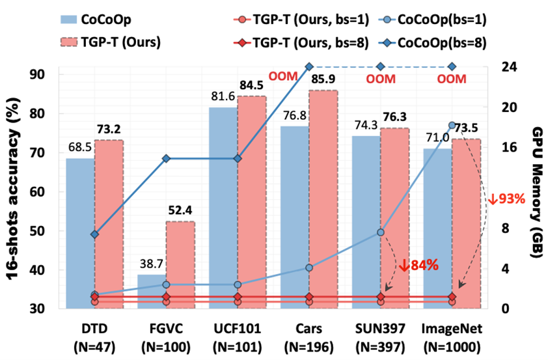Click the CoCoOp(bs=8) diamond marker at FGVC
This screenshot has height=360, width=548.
click(166, 158)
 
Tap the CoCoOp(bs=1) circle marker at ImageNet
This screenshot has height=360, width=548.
click(452, 125)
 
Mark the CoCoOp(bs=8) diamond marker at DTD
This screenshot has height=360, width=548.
click(95, 234)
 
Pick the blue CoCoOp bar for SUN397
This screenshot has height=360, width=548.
click(366, 221)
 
